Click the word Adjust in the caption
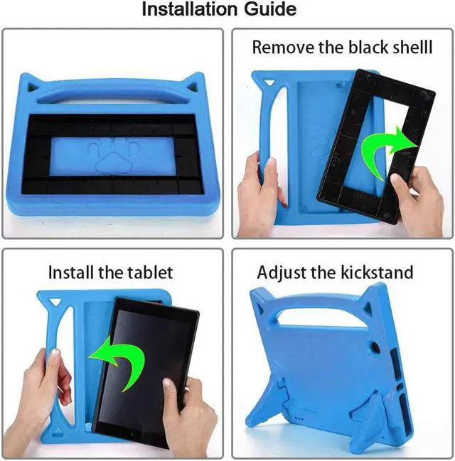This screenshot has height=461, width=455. coord(282,272)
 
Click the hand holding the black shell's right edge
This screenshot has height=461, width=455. coord(416,202)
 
